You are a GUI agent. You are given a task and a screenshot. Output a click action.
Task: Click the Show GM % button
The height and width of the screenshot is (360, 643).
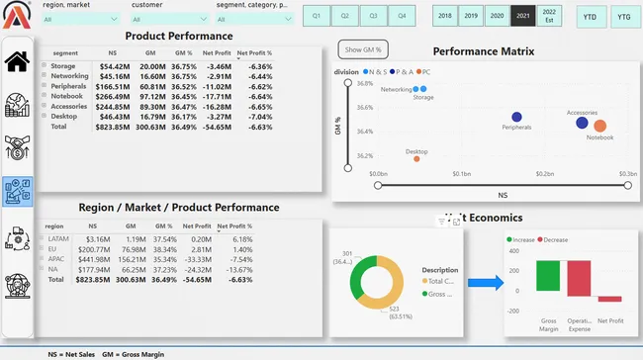point(363,49)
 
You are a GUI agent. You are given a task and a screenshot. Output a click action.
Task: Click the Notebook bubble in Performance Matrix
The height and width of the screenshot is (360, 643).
point(599,126)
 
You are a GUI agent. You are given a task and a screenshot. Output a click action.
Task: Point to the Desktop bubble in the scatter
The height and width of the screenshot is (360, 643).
point(416,159)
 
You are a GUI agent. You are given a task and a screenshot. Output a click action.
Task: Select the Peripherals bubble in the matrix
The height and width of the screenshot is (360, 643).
point(515,117)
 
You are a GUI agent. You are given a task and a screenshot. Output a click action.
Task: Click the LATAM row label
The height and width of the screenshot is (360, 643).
point(56,238)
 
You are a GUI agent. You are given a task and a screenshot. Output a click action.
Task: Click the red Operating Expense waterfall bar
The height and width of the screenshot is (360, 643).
point(579,279)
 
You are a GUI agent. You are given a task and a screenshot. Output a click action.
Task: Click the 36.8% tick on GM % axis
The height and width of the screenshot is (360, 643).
point(364,83)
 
